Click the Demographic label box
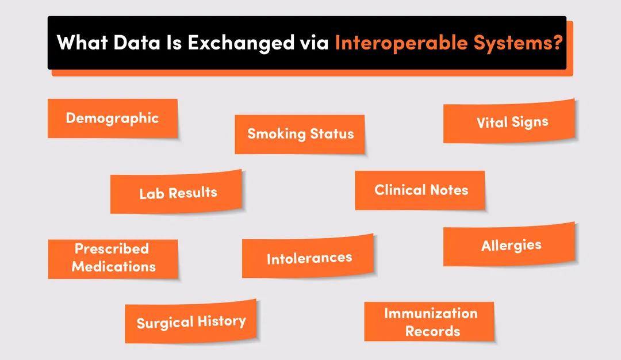point(112,118)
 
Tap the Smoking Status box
point(300,135)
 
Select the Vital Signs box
point(509,121)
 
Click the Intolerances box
point(308,258)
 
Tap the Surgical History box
point(191,321)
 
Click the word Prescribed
point(112,249)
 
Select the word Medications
point(113,266)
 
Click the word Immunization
point(430,313)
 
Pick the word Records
point(432,331)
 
